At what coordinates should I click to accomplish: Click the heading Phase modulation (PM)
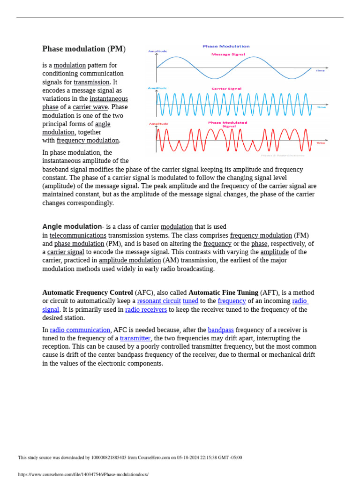click(84, 49)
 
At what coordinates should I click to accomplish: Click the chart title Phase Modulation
click(226, 46)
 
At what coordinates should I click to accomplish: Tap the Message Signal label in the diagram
click(228, 54)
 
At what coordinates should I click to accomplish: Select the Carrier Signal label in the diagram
click(226, 89)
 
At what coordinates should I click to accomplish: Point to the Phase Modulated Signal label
click(227, 124)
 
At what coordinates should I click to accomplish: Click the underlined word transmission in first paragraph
click(91, 82)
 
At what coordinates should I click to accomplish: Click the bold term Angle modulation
click(72, 226)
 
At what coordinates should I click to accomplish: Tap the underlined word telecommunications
click(78, 235)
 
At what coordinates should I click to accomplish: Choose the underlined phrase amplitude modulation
click(130, 260)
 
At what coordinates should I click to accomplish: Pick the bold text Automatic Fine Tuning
click(223, 292)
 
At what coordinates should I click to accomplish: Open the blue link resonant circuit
click(159, 301)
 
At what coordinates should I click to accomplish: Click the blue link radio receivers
click(146, 309)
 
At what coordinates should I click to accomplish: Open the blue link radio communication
click(80, 330)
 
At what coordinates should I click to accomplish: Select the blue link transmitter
click(135, 338)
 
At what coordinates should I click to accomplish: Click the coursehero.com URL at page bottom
click(83, 474)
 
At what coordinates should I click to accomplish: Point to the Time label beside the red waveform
click(321, 143)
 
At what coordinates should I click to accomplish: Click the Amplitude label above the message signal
click(157, 51)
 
